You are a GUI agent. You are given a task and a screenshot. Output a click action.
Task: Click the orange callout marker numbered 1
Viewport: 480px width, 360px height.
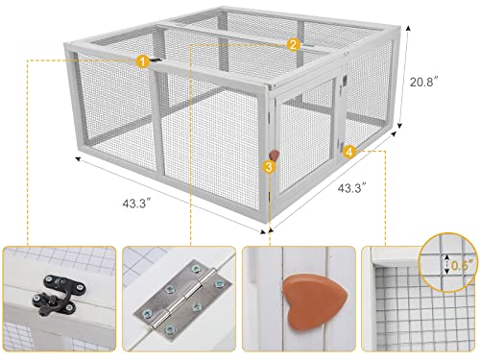pyautogui.click(x=142, y=61)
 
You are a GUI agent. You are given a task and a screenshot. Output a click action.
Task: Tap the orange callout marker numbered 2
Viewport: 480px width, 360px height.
pyautogui.click(x=294, y=44)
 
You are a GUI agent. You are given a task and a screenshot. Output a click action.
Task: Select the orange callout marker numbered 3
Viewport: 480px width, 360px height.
pyautogui.click(x=268, y=166)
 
